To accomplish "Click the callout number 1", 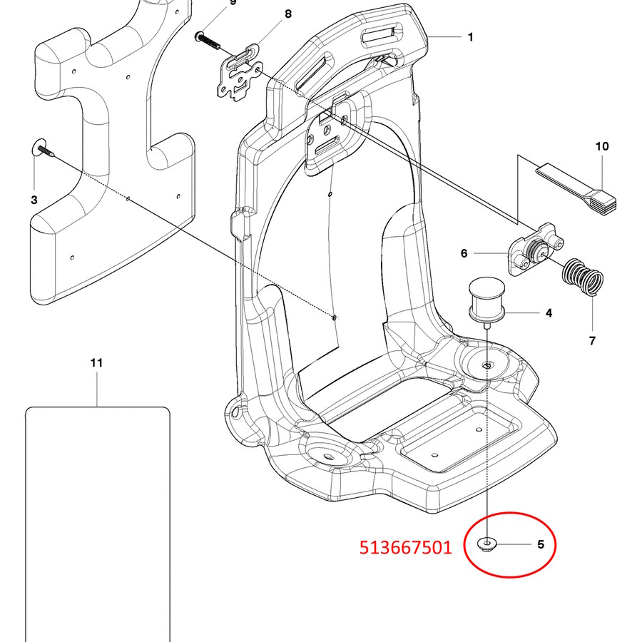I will click(x=470, y=37).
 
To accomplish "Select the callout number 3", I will click(x=34, y=200).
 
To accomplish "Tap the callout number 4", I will click(x=549, y=312).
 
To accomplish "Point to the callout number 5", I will click(x=541, y=545).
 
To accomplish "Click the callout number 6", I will click(x=464, y=253).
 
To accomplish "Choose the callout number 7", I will click(x=592, y=341).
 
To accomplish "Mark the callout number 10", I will click(x=602, y=146).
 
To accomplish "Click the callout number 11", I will click(x=97, y=362).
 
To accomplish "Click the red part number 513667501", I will click(x=405, y=547).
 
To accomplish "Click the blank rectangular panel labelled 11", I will click(x=97, y=521).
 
